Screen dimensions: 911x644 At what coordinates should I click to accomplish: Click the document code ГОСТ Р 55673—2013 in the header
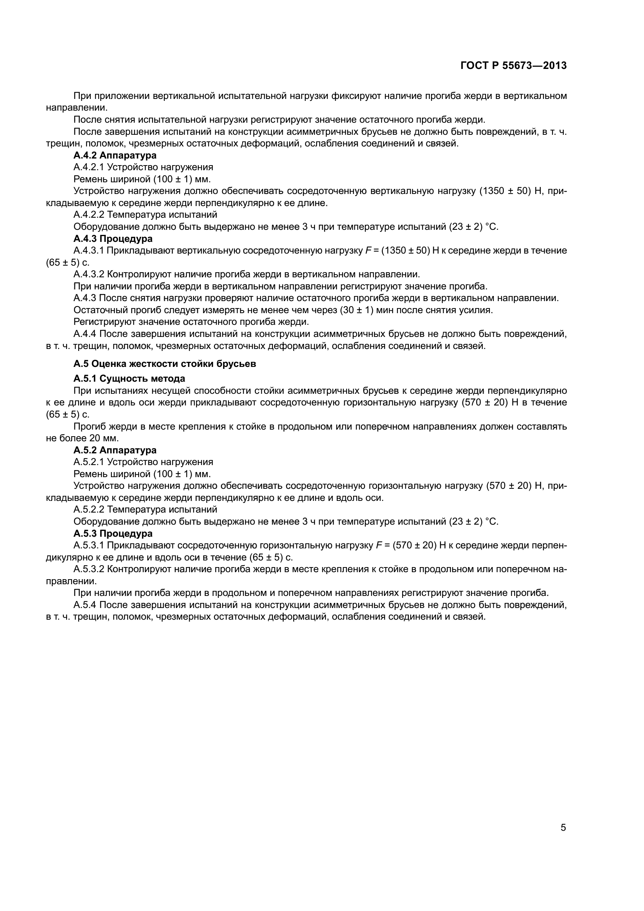click(513, 65)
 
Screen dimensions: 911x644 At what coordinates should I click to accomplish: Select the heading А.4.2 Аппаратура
click(115, 155)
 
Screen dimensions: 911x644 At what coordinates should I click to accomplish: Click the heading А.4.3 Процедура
click(113, 238)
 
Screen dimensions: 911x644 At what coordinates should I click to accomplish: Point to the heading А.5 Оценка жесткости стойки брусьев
click(165, 364)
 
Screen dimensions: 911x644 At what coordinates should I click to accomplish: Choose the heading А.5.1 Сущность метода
click(129, 378)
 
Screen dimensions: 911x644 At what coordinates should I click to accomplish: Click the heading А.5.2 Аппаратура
click(115, 450)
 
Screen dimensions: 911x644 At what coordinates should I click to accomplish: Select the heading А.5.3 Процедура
click(113, 533)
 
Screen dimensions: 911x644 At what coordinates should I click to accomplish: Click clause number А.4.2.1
click(89, 167)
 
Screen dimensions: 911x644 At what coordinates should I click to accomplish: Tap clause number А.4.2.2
click(89, 215)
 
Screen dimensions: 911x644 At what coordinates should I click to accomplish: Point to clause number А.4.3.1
click(89, 250)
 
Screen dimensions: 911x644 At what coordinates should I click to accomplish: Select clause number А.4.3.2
click(89, 274)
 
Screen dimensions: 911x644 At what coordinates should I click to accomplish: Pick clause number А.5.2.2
click(89, 509)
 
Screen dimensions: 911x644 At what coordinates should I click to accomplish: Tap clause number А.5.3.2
click(89, 569)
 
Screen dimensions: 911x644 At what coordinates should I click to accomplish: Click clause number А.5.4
click(85, 605)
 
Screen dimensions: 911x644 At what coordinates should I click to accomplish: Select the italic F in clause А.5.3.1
click(378, 545)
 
